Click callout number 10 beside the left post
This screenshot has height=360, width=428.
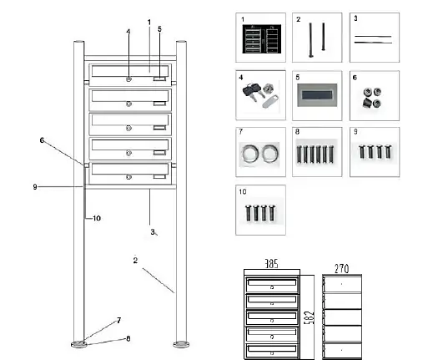tap(96, 219)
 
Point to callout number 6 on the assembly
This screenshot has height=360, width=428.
tap(42, 139)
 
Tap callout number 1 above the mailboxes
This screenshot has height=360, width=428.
tap(149, 21)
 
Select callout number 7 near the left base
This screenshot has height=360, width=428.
tap(118, 321)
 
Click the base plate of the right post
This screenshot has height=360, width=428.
tap(180, 342)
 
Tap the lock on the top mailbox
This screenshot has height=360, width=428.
tap(128, 79)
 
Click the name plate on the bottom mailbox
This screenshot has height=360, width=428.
tap(159, 175)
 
